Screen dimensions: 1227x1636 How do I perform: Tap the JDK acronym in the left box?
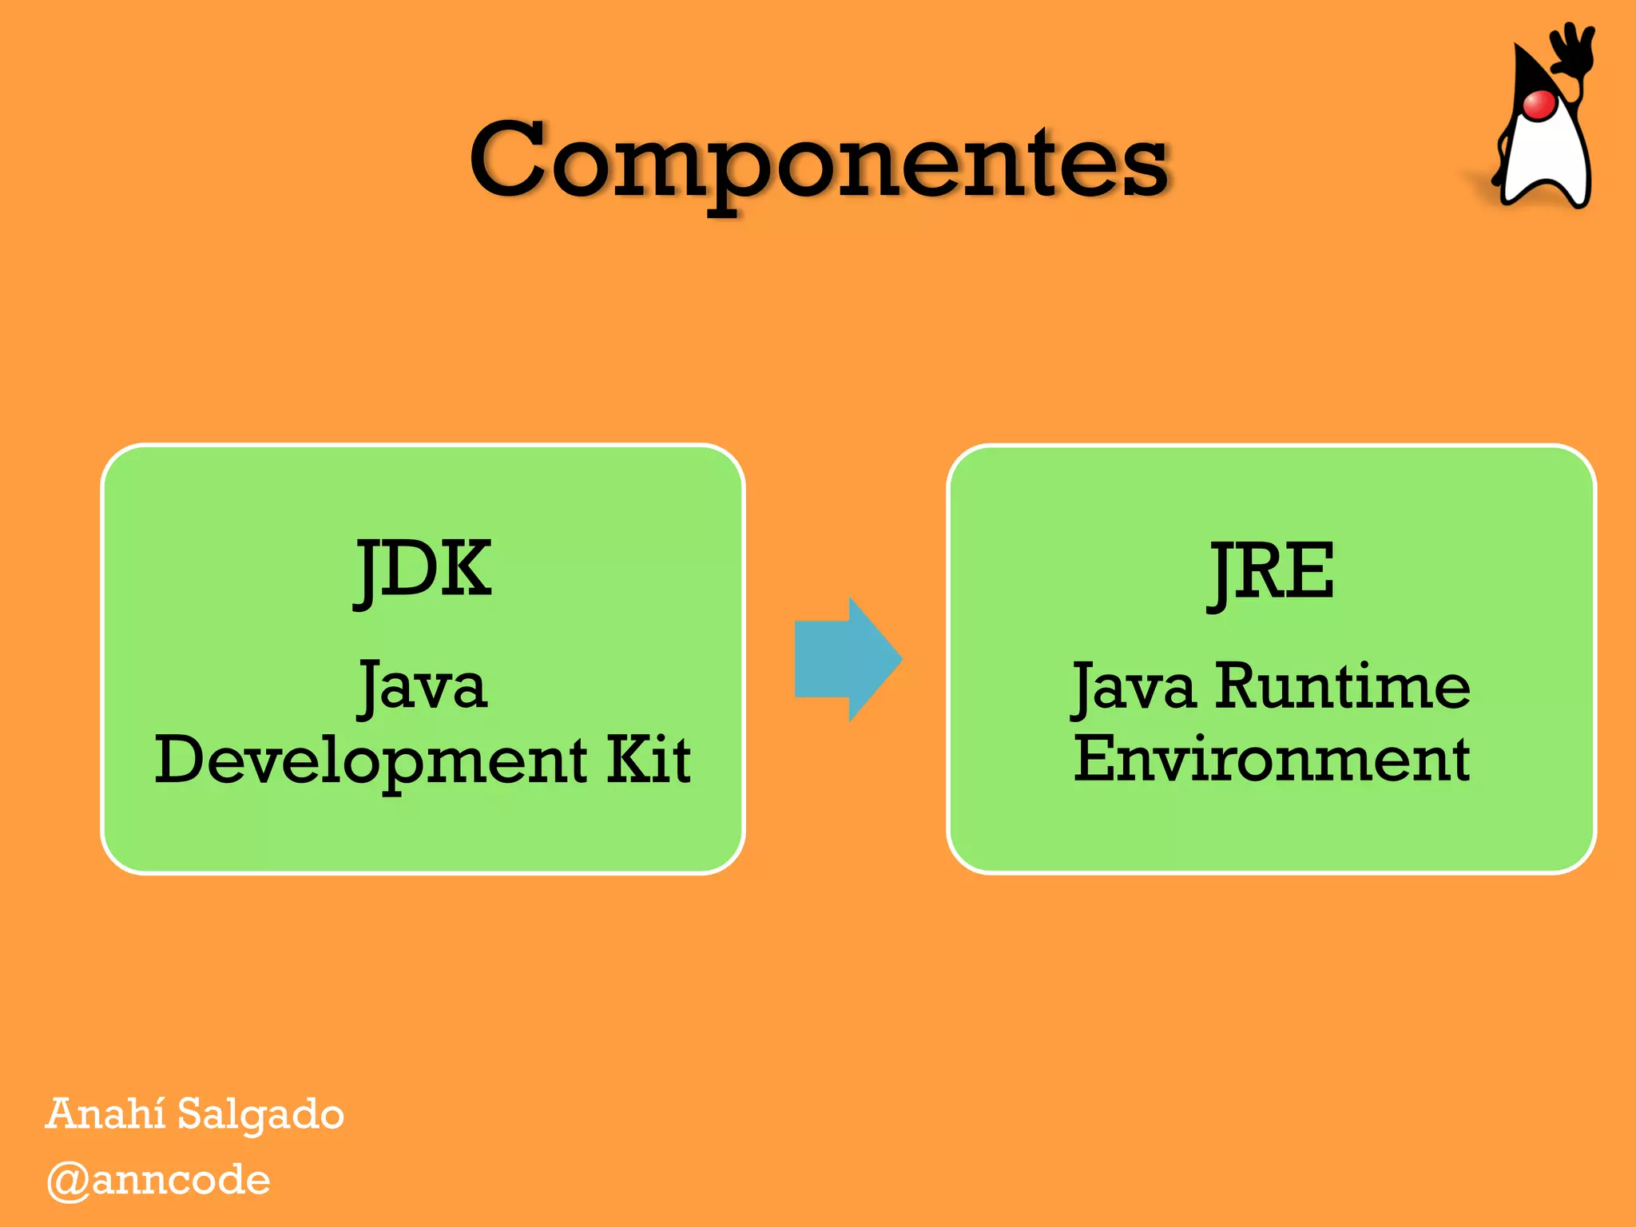click(x=423, y=570)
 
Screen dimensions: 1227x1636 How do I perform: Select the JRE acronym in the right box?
click(x=1270, y=572)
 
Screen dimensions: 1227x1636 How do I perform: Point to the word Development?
click(x=371, y=760)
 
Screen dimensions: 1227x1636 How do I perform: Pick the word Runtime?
click(x=1342, y=687)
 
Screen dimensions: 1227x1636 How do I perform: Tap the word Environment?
click(x=1271, y=759)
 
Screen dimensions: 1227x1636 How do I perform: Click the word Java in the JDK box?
click(x=423, y=687)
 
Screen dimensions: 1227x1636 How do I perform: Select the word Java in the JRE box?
click(x=1134, y=687)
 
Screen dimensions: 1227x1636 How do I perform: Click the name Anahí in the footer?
click(x=105, y=1114)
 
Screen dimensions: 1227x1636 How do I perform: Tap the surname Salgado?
click(x=260, y=1115)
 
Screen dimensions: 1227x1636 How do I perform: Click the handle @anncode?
click(x=159, y=1181)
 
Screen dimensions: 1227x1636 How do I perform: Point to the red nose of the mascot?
click(x=1538, y=105)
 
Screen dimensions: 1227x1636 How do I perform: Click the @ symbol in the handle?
click(x=67, y=1181)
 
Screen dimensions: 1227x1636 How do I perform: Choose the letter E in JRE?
click(x=1310, y=571)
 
